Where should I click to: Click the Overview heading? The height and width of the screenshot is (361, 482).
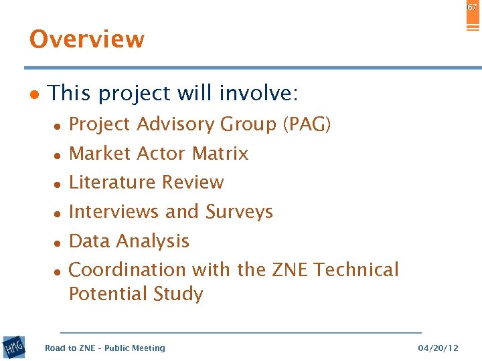tap(87, 39)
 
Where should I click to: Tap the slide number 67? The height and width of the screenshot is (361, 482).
tap(473, 7)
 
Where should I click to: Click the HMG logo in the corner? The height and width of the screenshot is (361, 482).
tap(13, 348)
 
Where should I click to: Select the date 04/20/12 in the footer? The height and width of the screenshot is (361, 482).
tap(438, 348)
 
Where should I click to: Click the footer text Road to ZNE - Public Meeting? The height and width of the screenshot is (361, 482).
tap(104, 348)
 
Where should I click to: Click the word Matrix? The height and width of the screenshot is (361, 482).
tap(220, 154)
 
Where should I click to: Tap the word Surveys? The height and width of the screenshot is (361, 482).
tap(239, 212)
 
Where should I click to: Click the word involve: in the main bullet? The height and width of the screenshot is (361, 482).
tap(262, 93)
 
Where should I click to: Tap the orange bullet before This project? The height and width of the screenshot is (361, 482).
tap(34, 95)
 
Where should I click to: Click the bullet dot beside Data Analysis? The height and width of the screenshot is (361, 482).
tap(58, 243)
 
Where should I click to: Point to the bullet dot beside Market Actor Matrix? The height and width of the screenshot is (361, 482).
tap(58, 155)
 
